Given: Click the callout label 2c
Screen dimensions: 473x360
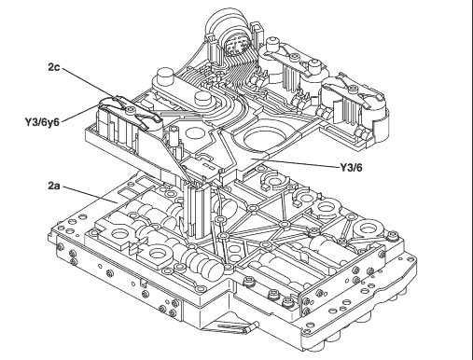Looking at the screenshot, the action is [54, 67].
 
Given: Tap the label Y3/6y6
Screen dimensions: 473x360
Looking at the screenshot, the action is [42, 122].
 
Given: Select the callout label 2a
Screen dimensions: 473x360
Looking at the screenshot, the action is [54, 186].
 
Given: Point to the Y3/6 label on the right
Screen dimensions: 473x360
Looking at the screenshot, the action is [351, 168].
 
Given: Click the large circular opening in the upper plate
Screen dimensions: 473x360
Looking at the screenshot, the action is [264, 138].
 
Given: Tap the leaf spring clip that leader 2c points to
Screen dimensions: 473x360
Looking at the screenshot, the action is [131, 111].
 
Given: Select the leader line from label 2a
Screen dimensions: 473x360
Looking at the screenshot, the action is [90, 195].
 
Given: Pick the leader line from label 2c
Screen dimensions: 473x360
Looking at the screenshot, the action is [90, 84].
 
